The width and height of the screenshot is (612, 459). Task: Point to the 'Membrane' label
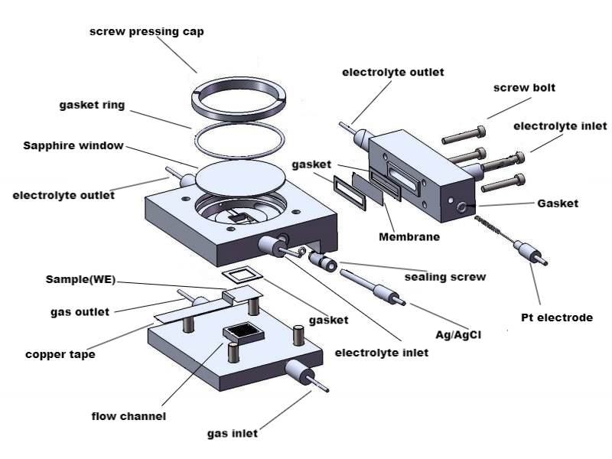pos(409,237)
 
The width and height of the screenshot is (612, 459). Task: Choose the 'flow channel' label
pos(129,416)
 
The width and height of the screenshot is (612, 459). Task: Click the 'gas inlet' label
pos(233,434)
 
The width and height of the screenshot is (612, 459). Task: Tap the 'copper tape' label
pos(60,355)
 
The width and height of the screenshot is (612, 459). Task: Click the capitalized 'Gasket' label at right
pos(558,203)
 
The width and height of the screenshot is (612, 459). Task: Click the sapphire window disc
pos(239,179)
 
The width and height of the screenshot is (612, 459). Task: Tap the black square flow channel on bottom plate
pos(244,332)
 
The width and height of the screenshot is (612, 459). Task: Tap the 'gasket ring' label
pos(93,104)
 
